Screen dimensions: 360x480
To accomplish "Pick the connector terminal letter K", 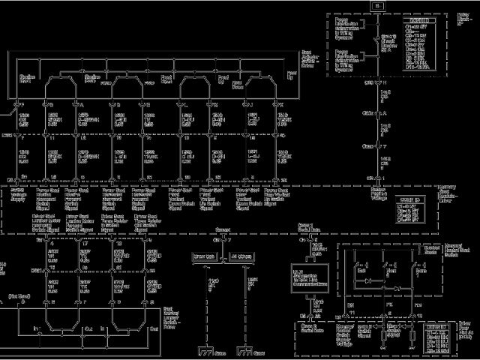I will click(x=280, y=104).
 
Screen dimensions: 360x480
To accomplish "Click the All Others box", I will click(x=240, y=256).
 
